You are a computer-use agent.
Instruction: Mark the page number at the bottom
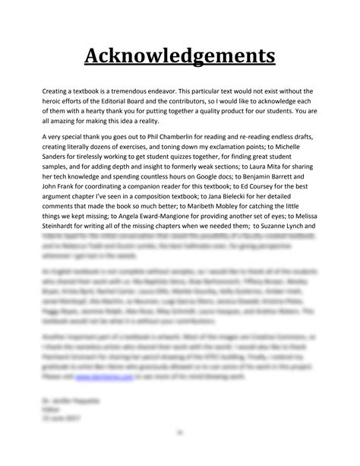click(180, 434)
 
